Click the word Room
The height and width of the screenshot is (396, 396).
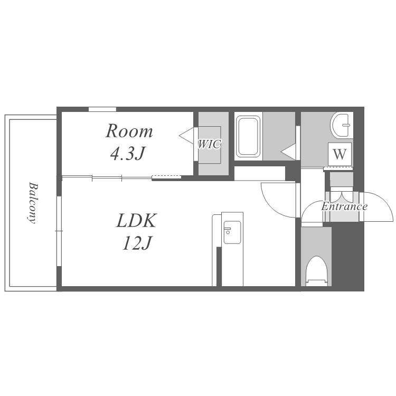coord(129,131)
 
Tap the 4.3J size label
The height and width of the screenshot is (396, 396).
coord(128,153)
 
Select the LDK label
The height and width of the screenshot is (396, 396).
coord(136,221)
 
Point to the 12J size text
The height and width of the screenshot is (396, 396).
coord(137,243)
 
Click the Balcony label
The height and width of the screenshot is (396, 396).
coord(33,203)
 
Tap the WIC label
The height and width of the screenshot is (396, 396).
coord(209,144)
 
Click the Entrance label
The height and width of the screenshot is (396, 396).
coord(344,206)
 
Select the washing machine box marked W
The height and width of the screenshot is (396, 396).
coord(340,154)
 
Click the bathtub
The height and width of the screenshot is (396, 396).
coord(248,136)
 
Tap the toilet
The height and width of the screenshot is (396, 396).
coord(316,271)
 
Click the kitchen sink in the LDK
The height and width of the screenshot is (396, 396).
coord(232,232)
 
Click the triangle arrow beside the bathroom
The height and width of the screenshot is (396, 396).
coord(288,152)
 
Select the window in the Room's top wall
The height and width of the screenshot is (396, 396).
coord(102,109)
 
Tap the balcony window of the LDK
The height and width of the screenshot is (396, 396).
coord(59,231)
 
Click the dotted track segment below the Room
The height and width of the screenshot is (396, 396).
coord(166,177)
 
